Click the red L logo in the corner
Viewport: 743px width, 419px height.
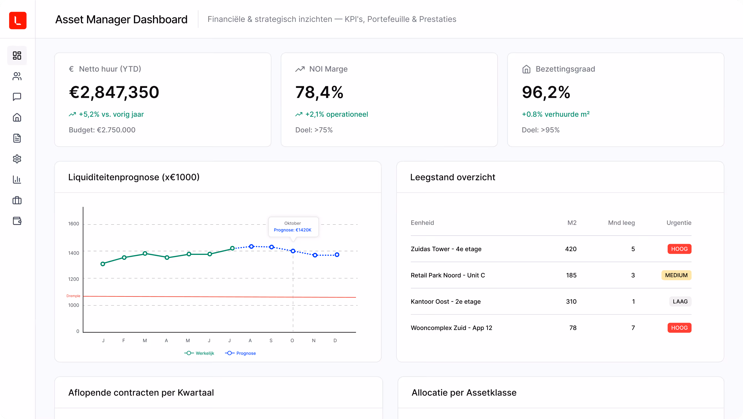coord(17,21)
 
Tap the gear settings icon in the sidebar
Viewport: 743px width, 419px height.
coord(17,159)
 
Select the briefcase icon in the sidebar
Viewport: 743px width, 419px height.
coord(17,200)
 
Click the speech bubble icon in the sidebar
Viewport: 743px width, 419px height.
coord(17,97)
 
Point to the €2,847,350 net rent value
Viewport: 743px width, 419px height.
coord(114,92)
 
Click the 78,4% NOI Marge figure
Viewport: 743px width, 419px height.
coord(319,92)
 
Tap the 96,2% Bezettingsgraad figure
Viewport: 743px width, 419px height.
coord(546,92)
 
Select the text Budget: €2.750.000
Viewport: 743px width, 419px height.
coord(102,130)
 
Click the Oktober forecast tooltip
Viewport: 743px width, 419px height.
coord(293,227)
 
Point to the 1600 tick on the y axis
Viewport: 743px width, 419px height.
coord(73,224)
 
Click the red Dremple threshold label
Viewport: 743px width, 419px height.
coord(73,296)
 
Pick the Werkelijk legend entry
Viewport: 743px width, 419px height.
coord(199,353)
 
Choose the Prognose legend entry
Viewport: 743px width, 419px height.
coord(240,353)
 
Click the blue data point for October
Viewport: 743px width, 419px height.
coord(293,251)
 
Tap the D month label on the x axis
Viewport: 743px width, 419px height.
coord(335,341)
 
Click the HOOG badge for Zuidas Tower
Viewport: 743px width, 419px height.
coord(679,249)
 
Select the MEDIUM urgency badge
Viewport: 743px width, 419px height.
coord(676,275)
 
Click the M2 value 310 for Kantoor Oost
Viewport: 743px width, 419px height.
coord(571,301)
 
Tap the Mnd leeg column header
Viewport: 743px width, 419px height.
coord(621,223)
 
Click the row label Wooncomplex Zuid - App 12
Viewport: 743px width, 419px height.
coord(451,328)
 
